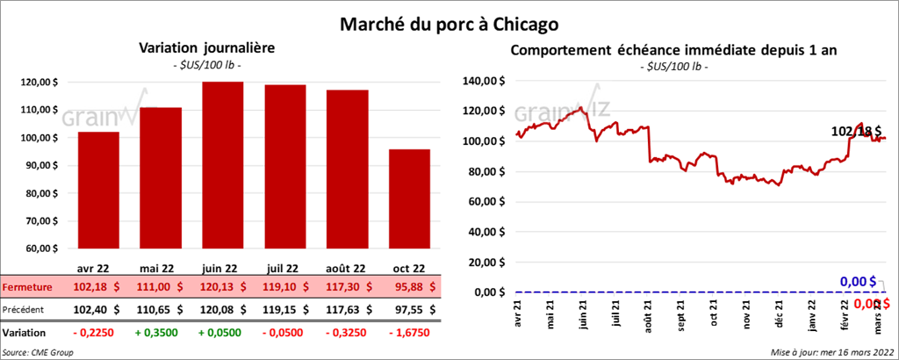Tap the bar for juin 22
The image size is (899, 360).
tap(222, 166)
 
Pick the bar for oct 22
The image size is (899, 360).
tap(409, 200)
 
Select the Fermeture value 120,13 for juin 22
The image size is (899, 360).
tap(222, 287)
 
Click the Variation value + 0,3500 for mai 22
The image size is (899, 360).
tap(161, 334)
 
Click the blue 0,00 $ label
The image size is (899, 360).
tap(859, 281)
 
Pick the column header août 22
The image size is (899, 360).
tap(347, 269)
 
